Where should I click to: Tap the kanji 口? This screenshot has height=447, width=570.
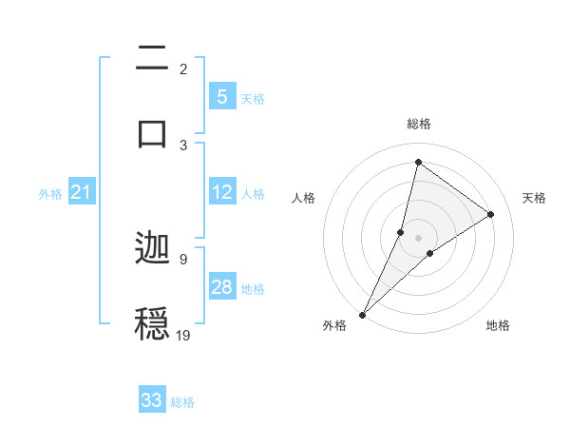[153, 132]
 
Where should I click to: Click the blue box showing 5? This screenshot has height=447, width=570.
[222, 97]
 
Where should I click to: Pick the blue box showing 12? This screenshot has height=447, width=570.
[222, 192]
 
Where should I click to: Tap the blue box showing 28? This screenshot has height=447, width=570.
[222, 287]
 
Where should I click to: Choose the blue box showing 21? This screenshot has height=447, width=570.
[82, 193]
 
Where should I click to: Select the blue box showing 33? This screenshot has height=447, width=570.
[152, 400]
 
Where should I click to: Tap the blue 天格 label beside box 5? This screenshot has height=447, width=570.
[253, 99]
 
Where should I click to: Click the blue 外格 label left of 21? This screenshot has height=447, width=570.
[50, 194]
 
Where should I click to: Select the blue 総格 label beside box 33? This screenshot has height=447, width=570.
[182, 402]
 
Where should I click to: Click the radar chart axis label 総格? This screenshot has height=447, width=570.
[419, 124]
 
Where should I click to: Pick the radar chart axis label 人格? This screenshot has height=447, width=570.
[304, 198]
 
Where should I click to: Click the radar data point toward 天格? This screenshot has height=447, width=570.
[491, 215]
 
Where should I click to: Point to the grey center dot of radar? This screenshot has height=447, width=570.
[419, 237]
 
